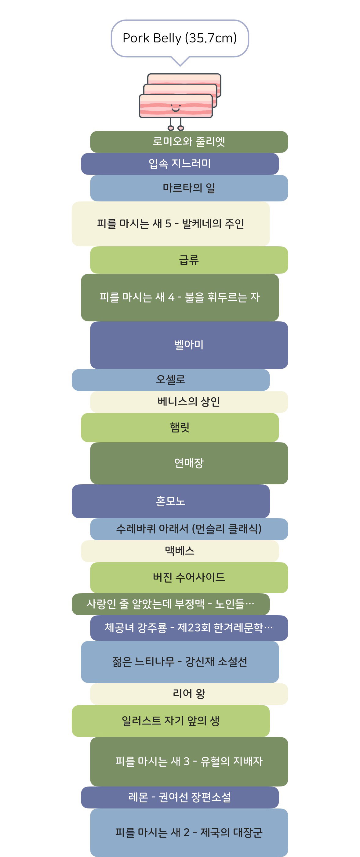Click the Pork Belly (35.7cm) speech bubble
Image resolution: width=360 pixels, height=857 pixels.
pos(180,38)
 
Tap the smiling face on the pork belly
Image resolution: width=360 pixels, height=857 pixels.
pos(175,108)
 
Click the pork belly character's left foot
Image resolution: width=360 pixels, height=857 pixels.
pos(171,128)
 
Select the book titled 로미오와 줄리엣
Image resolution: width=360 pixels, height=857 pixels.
pos(189,142)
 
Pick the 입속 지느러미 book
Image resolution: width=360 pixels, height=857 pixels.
pos(180,164)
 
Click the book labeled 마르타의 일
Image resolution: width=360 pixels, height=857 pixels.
pos(189,188)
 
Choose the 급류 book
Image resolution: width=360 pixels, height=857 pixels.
pos(189,260)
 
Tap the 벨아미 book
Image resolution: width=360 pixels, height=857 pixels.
pos(189,345)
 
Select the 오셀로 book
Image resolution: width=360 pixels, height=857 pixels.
pos(171,380)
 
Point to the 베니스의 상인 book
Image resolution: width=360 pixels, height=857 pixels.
pos(189,402)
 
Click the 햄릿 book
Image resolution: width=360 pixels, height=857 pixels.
pos(180,428)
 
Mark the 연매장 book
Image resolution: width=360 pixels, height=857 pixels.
pos(189,463)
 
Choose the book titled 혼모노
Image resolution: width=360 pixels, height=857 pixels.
pos(171,501)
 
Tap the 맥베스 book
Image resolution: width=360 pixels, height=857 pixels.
pos(180,551)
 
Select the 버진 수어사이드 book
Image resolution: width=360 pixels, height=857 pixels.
pos(189,577)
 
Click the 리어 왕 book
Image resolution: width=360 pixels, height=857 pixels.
pos(189,694)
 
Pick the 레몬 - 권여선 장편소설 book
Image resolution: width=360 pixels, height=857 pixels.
pos(180,797)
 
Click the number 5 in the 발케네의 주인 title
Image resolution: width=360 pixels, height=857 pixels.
pos(168,224)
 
